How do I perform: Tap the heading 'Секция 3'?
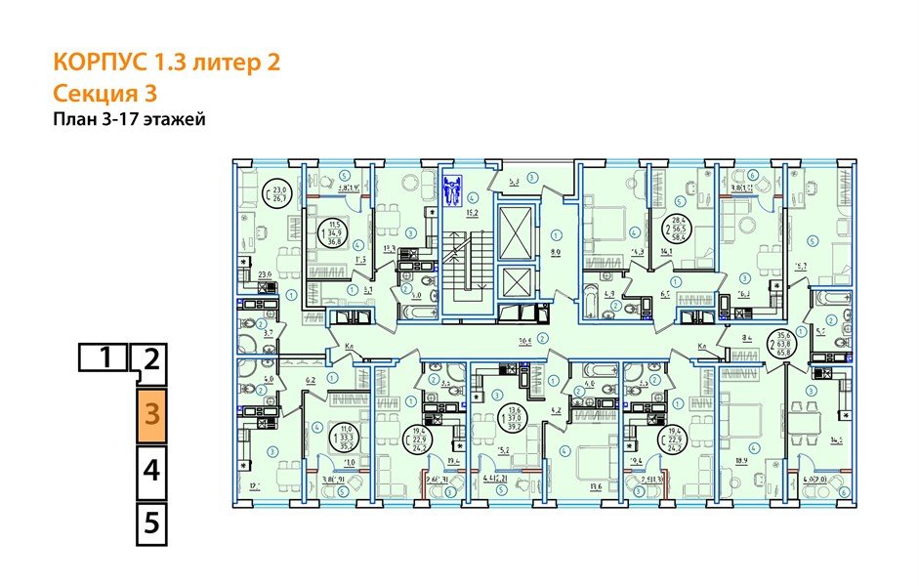[x=104, y=93]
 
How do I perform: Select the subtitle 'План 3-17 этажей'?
[x=129, y=119]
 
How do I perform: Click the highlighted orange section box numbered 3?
[x=150, y=413]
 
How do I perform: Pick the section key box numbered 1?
[x=103, y=357]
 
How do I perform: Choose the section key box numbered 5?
[x=150, y=522]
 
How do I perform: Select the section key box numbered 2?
[x=150, y=359]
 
